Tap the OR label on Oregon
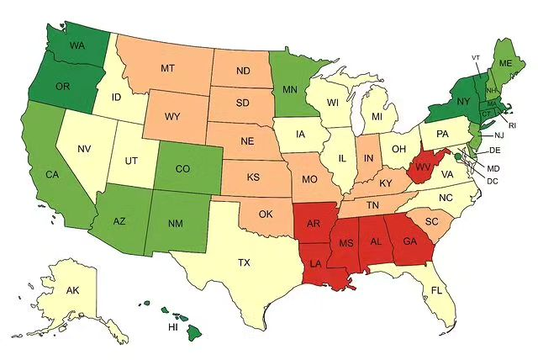tap(61, 85)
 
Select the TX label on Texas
tap(244, 262)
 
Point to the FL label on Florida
tap(436, 290)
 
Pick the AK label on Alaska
tap(72, 290)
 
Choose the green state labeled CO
tap(182, 168)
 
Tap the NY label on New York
tap(462, 101)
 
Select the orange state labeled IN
tap(367, 158)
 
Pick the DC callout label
tap(493, 181)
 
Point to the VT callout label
tap(476, 57)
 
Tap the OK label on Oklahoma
tap(266, 214)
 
